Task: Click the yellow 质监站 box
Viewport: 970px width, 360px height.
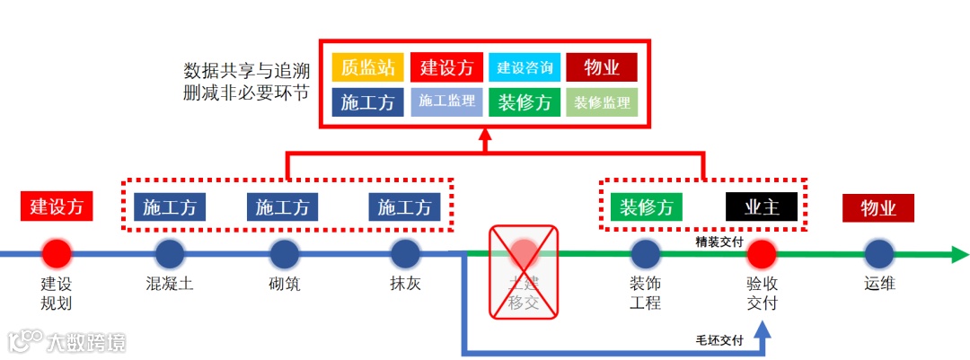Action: tap(367, 68)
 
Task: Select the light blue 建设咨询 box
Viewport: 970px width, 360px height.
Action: tap(525, 68)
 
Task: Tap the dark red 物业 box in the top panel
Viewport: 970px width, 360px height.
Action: tap(601, 68)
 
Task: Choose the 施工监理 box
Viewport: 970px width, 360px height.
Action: tap(446, 101)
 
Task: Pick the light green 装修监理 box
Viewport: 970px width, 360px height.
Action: tap(601, 102)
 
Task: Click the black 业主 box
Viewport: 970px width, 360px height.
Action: tap(761, 207)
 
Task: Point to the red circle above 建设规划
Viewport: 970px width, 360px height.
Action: tap(56, 254)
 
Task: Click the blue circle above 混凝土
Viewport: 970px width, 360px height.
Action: tap(169, 254)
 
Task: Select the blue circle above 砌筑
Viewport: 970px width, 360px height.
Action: tap(284, 254)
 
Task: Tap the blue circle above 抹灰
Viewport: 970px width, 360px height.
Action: tap(404, 254)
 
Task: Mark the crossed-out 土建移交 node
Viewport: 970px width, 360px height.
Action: tap(523, 272)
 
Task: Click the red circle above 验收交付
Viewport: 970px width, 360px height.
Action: tap(761, 254)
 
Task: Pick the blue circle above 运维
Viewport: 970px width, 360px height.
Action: tap(878, 254)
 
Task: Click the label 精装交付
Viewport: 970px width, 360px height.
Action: tap(719, 241)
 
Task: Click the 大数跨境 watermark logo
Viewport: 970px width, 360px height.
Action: tap(67, 341)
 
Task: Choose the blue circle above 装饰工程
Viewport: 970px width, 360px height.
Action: tap(645, 254)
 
